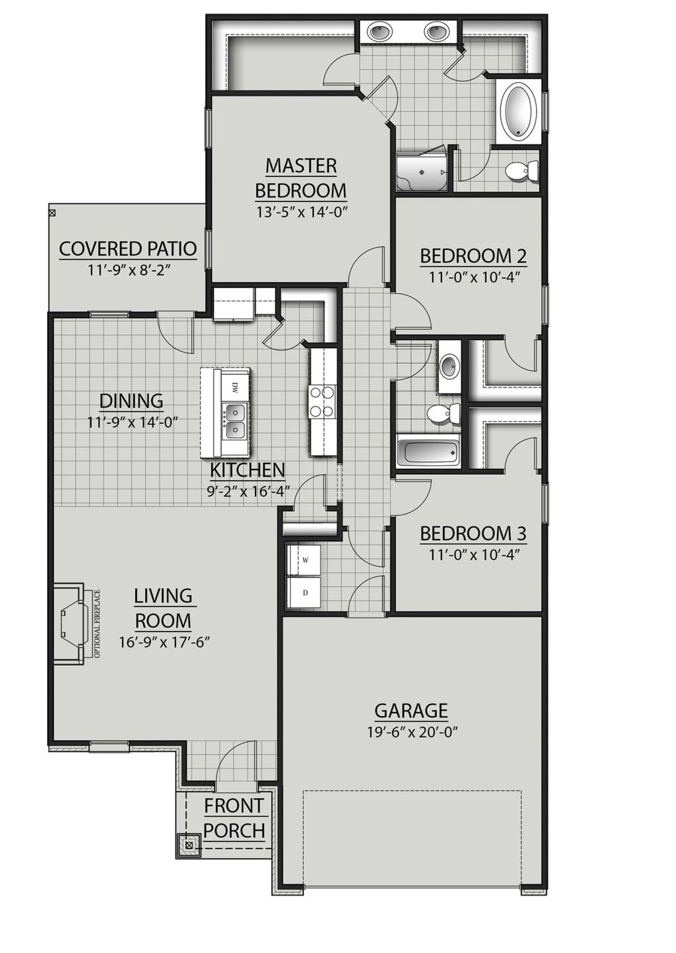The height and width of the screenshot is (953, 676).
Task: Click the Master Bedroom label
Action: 301,177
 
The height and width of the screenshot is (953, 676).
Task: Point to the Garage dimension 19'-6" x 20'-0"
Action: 411,732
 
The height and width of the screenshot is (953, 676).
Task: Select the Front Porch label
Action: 234,818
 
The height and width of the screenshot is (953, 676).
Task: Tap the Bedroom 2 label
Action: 473,256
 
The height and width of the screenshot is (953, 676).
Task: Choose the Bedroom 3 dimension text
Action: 473,555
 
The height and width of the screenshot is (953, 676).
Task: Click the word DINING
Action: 132,401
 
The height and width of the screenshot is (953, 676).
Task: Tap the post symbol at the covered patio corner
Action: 52,213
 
